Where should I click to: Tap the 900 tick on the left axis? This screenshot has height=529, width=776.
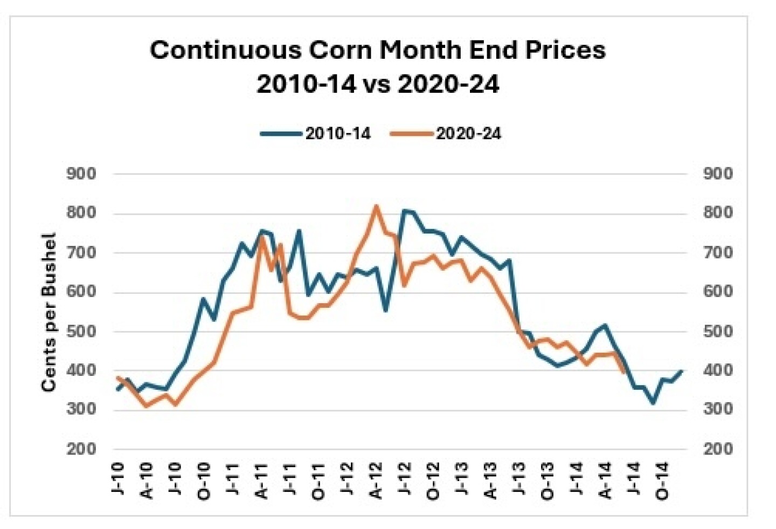pyautogui.click(x=81, y=174)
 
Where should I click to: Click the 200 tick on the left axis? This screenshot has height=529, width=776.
pyautogui.click(x=81, y=449)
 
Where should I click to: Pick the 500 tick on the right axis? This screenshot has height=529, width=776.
pyautogui.click(x=718, y=331)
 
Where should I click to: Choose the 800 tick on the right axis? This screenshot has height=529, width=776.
pyautogui.click(x=718, y=212)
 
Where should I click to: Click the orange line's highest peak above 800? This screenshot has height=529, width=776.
pyautogui.click(x=376, y=206)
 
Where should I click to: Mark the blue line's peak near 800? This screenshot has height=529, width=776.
pyautogui.click(x=405, y=211)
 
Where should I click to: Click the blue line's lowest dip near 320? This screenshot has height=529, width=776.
pyautogui.click(x=653, y=403)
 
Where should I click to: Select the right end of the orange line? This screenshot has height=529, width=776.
pyautogui.click(x=624, y=372)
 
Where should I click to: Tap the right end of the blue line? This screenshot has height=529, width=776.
pyautogui.click(x=682, y=371)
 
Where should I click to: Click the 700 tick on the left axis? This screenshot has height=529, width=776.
pyautogui.click(x=81, y=252)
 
